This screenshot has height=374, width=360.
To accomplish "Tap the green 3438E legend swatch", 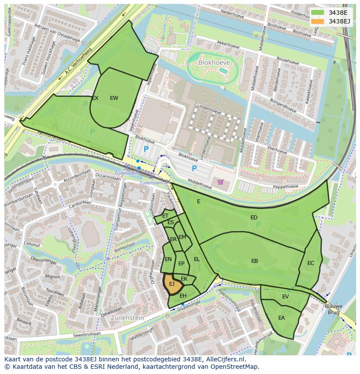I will click(x=317, y=13).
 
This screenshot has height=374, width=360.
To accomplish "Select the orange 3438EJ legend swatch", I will click(x=317, y=21).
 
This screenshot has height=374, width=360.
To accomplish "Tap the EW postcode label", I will click(x=114, y=98).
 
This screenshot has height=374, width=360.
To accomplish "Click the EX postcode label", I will click(x=95, y=98).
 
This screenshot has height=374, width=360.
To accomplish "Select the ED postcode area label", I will click(x=254, y=217).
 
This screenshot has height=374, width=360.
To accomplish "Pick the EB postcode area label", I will click(x=254, y=261).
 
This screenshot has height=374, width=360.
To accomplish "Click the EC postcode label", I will click(x=310, y=263).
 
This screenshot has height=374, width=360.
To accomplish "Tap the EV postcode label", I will click(x=285, y=297).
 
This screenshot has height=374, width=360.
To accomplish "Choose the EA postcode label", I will click(x=281, y=318).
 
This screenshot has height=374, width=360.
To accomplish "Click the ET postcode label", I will click(x=165, y=216).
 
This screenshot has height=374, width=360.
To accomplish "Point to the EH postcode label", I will click(x=183, y=296).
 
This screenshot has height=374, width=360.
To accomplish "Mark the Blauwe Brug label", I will click(x=334, y=309).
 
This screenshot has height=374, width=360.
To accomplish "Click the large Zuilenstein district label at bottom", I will click(x=127, y=318).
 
